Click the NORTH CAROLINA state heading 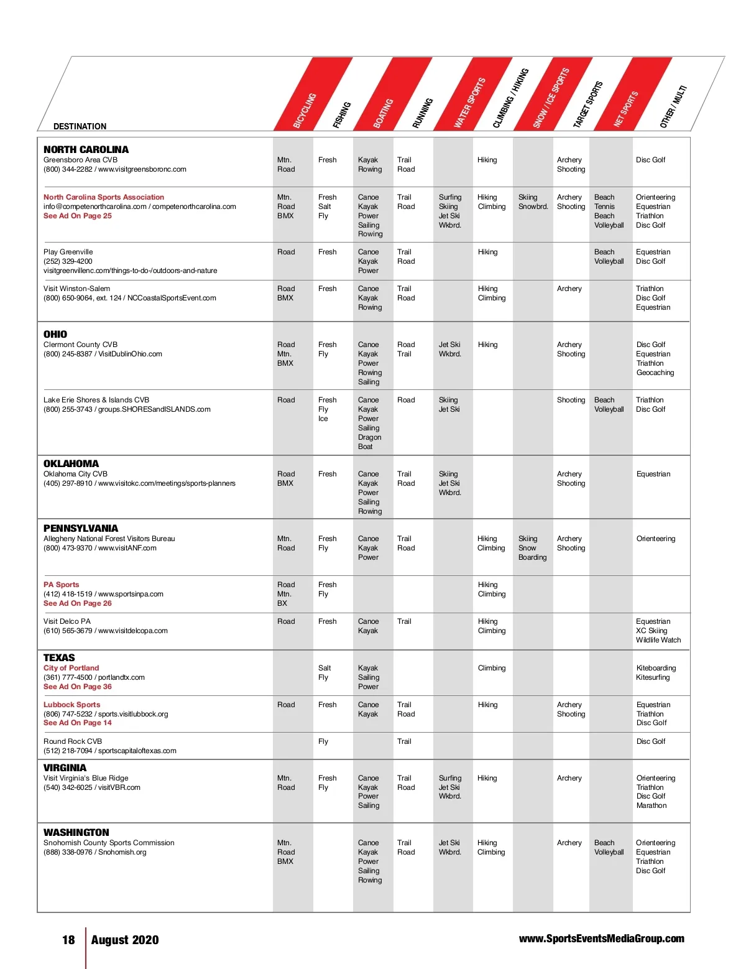tap(86, 149)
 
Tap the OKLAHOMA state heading tap(71, 463)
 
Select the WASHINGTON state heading tap(76, 832)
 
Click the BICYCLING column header tap(305, 111)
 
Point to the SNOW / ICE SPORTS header tap(551, 98)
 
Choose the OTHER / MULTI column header tap(673, 107)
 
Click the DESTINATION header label tap(80, 126)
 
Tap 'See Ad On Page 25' tap(78, 216)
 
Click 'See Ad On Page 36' tap(78, 687)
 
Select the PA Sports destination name tap(61, 585)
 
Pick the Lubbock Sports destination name tap(71, 705)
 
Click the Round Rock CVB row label tap(73, 741)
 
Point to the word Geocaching tap(655, 373)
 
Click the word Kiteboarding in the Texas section tap(656, 668)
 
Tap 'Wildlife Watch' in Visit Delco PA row tap(658, 640)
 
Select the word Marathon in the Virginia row tap(652, 805)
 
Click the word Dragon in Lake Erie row tap(370, 437)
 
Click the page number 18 tap(68, 940)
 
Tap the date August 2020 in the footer tap(125, 940)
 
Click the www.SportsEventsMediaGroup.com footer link tap(601, 939)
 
